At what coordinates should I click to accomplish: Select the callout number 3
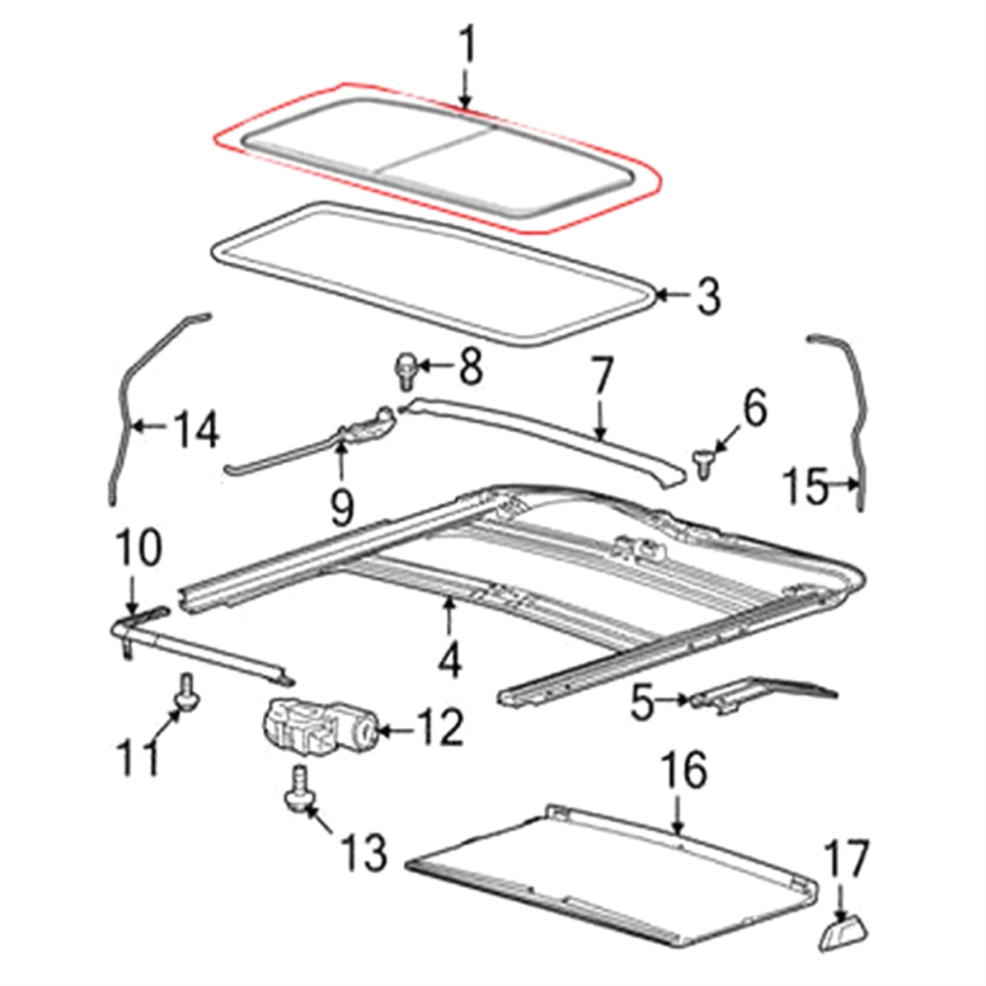[708, 297]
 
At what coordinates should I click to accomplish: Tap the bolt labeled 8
[405, 371]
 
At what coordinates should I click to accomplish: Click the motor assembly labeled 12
[318, 730]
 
